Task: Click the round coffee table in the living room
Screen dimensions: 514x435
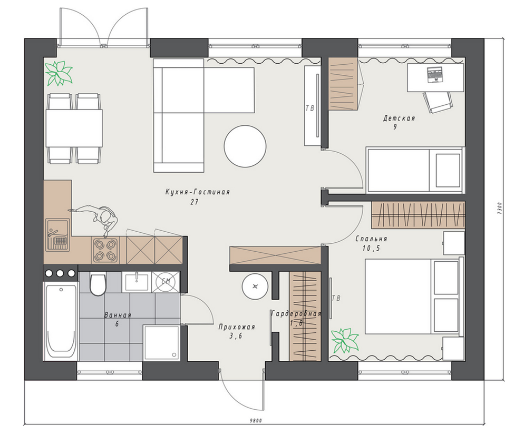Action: pos(245,146)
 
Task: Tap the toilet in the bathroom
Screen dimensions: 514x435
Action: pos(98,284)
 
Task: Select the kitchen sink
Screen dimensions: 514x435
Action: pos(57,235)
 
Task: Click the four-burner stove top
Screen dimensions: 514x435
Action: pos(105,250)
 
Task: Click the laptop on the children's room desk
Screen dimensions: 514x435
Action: pos(435,74)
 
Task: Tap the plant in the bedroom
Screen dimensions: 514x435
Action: pos(344,341)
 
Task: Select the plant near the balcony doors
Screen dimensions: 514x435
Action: pos(59,73)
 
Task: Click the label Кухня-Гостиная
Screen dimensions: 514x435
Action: pos(197,192)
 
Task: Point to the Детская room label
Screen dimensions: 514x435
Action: pos(399,118)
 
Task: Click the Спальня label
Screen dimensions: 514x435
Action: pos(372,239)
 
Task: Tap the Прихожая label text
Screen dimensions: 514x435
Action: pos(237,327)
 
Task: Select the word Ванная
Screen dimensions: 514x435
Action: pos(118,315)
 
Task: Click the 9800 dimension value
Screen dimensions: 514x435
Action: pos(256,421)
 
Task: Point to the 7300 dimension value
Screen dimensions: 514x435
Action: pos(499,209)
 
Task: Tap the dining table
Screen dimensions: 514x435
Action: pos(74,128)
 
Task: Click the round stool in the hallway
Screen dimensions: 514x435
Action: pos(255,286)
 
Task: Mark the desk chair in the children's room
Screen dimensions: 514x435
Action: pos(438,101)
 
